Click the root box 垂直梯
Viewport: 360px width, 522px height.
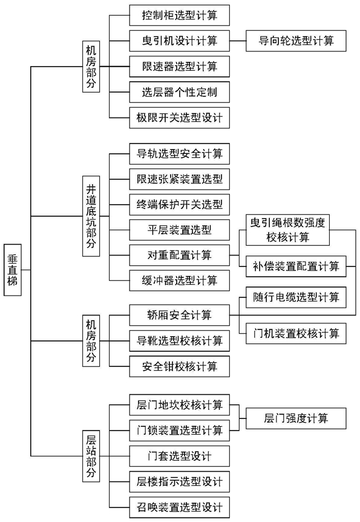13,269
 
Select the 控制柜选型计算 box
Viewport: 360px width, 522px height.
179,15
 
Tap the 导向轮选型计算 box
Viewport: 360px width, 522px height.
296,41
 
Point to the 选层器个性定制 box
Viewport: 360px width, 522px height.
179,92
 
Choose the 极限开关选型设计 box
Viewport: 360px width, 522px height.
179,118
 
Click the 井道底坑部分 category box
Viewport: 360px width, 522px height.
91,216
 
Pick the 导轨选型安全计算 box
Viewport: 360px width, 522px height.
179,154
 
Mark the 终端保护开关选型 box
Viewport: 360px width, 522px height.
179,205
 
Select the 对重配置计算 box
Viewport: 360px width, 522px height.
179,256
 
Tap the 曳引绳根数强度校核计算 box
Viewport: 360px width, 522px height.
287,230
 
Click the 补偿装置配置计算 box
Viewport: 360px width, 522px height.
296,266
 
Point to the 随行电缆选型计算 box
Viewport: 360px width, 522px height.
296,297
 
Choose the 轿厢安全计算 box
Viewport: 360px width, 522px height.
179,315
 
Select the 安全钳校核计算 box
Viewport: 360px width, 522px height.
179,366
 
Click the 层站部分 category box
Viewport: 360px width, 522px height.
91,456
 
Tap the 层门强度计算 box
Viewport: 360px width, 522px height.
296,418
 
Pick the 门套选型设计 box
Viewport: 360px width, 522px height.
179,456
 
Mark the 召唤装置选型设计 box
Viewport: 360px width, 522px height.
179,507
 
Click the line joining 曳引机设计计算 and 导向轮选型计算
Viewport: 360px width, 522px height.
238,41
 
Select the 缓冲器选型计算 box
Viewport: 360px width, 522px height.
179,280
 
